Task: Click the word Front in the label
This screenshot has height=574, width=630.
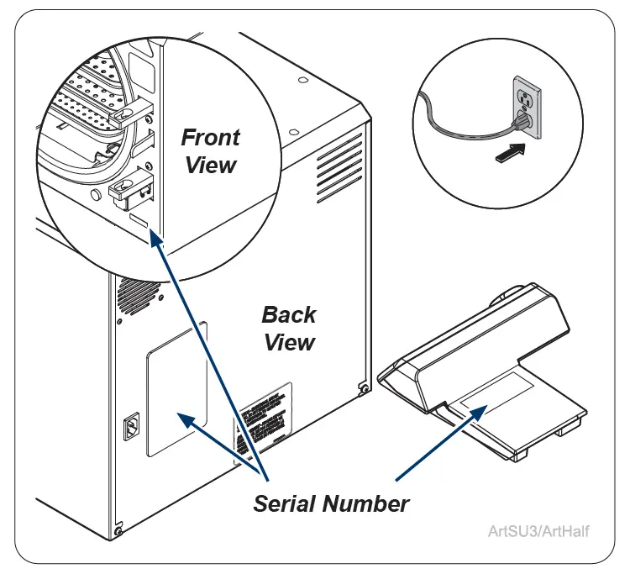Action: (211, 137)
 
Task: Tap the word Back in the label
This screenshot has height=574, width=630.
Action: (289, 315)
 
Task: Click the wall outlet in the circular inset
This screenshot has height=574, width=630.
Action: (526, 108)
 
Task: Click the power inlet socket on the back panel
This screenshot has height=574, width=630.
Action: (132, 428)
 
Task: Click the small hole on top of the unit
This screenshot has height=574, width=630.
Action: (302, 81)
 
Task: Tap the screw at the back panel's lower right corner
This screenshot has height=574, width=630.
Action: (362, 388)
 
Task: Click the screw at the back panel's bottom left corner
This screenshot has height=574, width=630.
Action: (118, 530)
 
